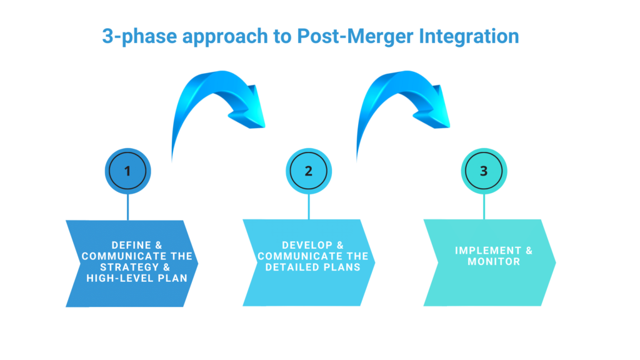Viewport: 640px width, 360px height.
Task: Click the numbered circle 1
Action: point(127,171)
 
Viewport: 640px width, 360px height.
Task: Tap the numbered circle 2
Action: point(308,171)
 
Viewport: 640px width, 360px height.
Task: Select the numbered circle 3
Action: point(484,171)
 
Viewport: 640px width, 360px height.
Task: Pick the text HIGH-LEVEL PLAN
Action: point(137,278)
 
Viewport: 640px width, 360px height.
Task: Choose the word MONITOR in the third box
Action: point(494,261)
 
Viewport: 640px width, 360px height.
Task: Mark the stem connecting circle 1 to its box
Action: point(127,206)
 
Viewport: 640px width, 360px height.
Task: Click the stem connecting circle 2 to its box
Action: point(308,206)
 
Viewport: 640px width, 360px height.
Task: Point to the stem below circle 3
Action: point(484,206)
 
